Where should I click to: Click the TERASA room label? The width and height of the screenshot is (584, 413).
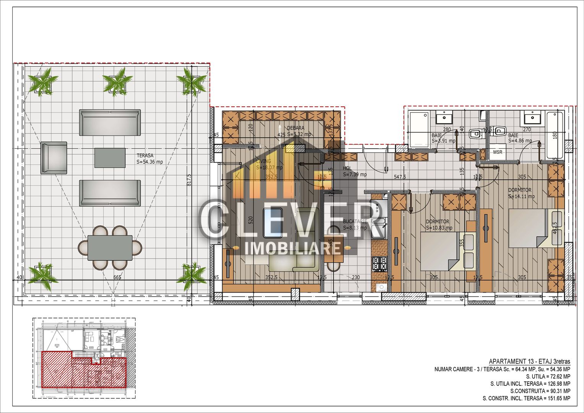[x=145, y=156]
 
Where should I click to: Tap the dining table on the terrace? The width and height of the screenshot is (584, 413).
[x=110, y=248]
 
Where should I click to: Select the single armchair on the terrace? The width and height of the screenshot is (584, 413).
[x=54, y=158]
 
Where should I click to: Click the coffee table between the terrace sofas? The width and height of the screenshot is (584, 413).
[x=110, y=158]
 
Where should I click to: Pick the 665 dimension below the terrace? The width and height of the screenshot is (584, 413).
[x=117, y=277]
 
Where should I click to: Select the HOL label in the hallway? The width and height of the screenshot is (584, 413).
[x=347, y=168]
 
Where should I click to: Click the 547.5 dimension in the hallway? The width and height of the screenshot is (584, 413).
[x=400, y=177]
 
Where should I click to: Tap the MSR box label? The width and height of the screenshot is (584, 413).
[x=498, y=152]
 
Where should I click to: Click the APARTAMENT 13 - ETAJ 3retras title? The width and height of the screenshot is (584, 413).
[x=529, y=361]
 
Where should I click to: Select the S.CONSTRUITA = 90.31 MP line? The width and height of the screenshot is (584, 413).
[x=540, y=391]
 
